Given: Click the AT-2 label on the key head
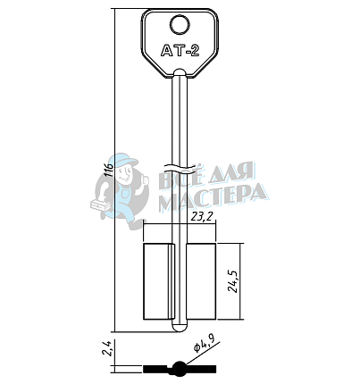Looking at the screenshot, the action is point(180,50).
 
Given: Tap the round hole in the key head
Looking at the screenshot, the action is point(180,25).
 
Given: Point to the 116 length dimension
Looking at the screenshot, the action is point(110,170).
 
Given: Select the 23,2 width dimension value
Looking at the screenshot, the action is point(203,217).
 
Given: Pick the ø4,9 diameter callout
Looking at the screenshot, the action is point(205,345).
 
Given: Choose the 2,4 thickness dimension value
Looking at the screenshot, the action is point(107,348).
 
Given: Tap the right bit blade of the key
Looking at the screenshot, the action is point(201,281).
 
